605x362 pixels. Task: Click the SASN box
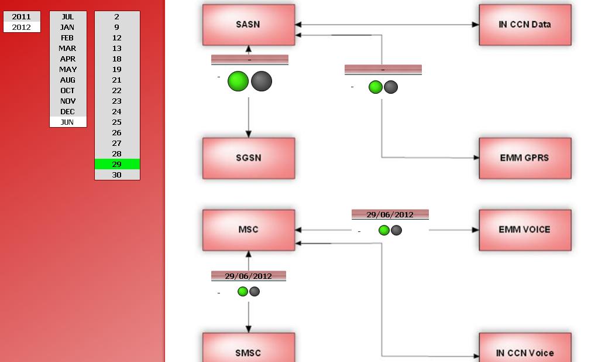click(x=249, y=25)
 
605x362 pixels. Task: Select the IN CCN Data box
click(x=525, y=25)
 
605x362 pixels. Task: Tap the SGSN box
click(x=249, y=158)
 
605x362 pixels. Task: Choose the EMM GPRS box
click(x=525, y=158)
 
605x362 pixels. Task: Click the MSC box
click(x=249, y=230)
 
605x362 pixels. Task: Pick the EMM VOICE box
click(x=525, y=230)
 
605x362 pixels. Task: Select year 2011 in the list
click(x=22, y=16)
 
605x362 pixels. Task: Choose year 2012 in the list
click(x=22, y=27)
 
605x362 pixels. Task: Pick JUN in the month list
click(x=68, y=122)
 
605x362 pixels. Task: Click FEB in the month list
click(x=68, y=37)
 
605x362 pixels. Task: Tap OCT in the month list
click(x=68, y=90)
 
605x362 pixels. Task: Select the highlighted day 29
click(x=117, y=164)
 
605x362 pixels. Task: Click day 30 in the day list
click(x=117, y=175)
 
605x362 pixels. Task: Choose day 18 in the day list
click(x=117, y=59)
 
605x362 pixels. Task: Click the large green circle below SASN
click(x=238, y=81)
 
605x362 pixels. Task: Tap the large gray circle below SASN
click(x=262, y=81)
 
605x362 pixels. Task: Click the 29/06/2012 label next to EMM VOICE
click(x=390, y=214)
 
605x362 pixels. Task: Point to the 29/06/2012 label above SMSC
click(x=249, y=276)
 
